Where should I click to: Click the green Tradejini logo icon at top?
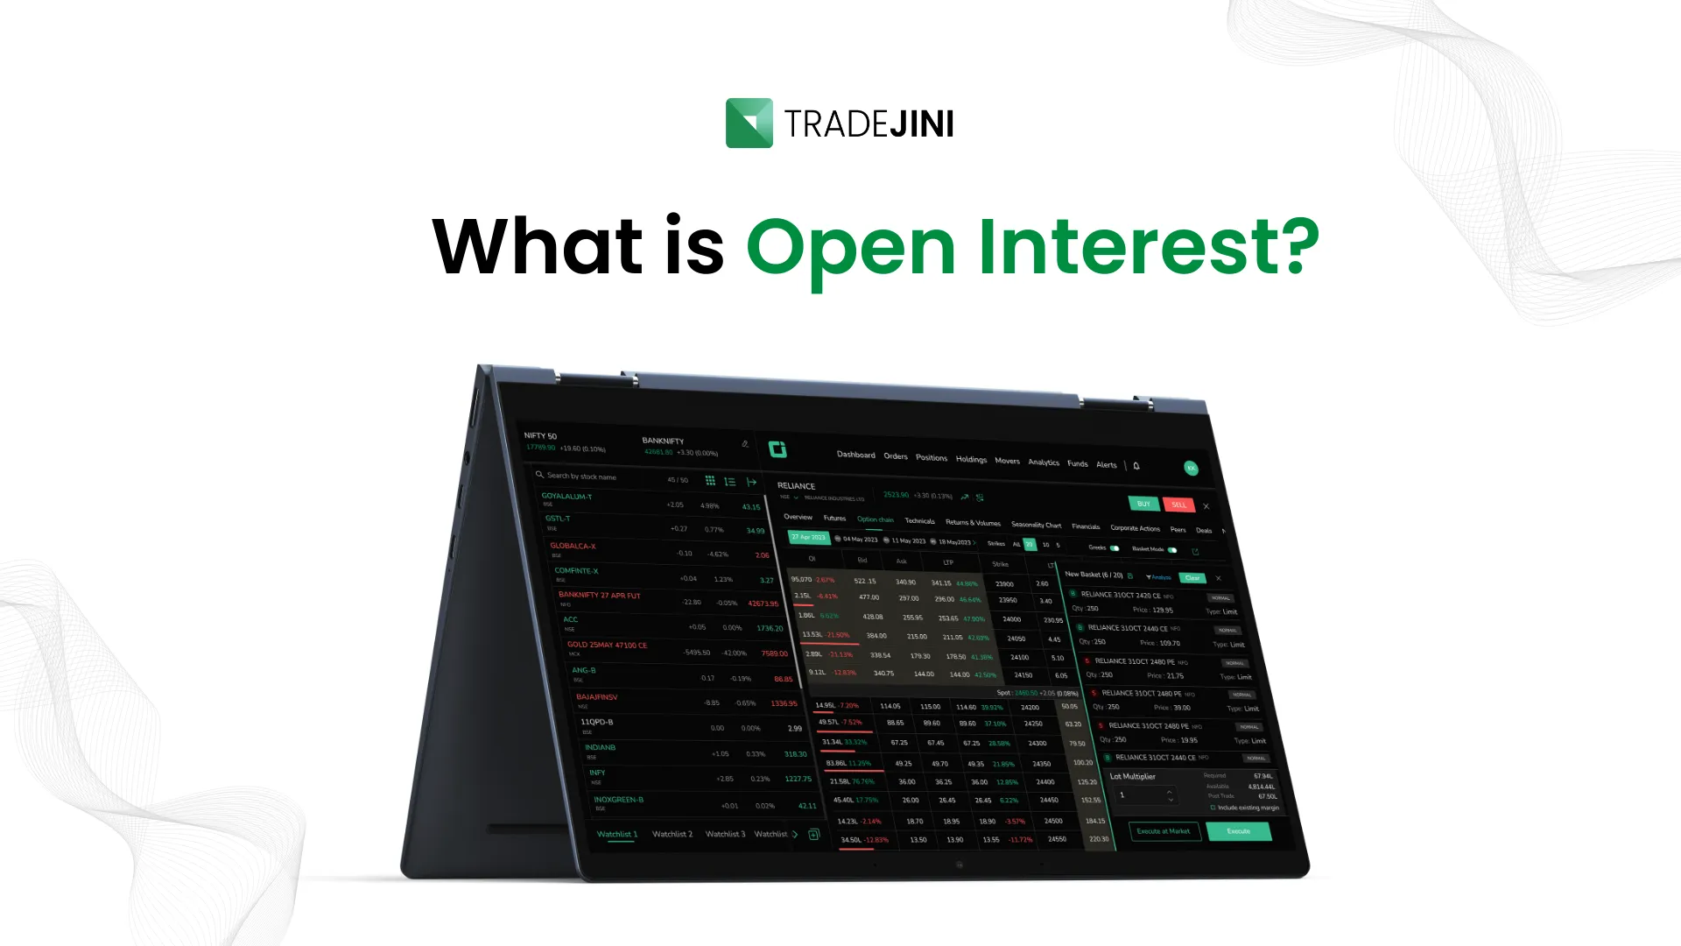pos(749,123)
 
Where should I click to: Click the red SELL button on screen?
pos(1178,505)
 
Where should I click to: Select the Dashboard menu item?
pos(855,455)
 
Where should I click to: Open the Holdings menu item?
pos(971,459)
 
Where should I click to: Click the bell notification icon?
pos(1136,466)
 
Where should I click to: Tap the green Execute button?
pos(1238,831)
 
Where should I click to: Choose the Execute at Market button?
pos(1163,831)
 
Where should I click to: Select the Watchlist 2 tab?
pos(672,834)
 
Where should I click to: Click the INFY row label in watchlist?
pos(598,773)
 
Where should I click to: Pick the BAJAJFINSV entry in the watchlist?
pos(597,697)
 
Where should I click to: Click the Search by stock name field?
pos(582,477)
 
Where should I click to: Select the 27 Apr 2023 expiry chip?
pos(808,537)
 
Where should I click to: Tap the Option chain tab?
pos(875,519)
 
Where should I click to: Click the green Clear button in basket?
pos(1192,578)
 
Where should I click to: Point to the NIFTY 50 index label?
pos(540,435)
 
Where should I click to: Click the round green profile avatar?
pos(1191,468)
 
